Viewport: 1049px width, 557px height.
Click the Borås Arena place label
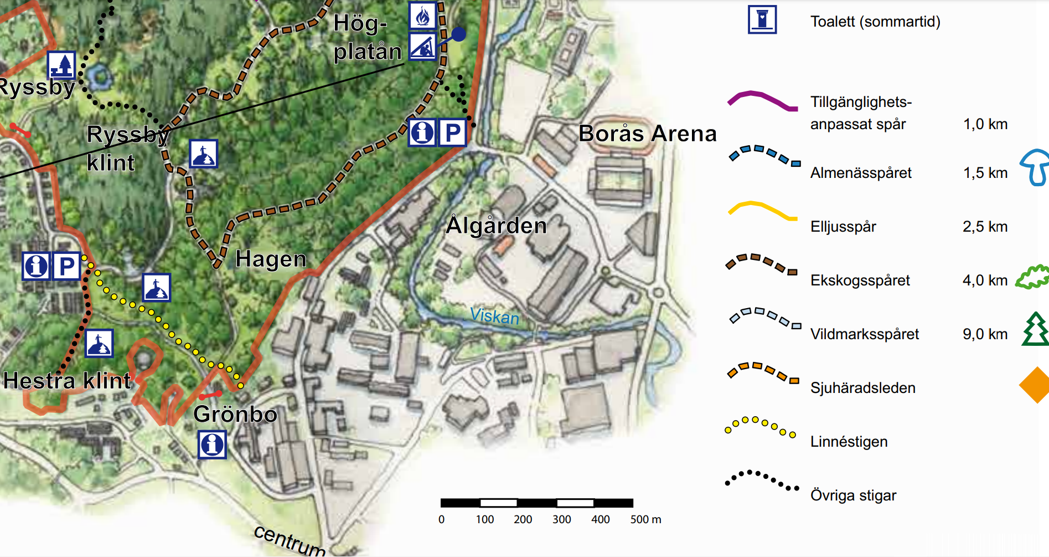click(x=647, y=134)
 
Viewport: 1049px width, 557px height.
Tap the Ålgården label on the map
click(x=497, y=226)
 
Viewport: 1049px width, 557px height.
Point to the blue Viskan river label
click(x=494, y=316)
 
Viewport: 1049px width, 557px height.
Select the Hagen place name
click(x=271, y=259)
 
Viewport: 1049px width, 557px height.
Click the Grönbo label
click(x=235, y=414)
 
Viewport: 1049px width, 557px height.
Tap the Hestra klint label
click(x=67, y=381)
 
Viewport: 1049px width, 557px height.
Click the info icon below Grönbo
click(x=212, y=444)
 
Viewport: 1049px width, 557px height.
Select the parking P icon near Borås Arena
click(x=452, y=132)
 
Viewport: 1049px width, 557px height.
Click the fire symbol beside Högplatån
click(x=422, y=16)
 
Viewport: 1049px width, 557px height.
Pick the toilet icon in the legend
click(x=762, y=20)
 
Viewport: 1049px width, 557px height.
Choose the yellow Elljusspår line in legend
click(x=762, y=211)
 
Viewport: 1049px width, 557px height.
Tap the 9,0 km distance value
click(x=985, y=334)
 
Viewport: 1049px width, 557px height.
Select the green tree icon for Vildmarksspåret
click(x=1035, y=329)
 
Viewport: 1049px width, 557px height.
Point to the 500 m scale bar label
click(x=645, y=519)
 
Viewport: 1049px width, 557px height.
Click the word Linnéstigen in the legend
click(x=849, y=442)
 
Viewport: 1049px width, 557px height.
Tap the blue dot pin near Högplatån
click(x=458, y=34)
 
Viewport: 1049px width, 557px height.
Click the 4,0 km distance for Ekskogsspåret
click(x=985, y=280)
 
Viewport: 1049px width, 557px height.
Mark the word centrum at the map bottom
click(x=290, y=540)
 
